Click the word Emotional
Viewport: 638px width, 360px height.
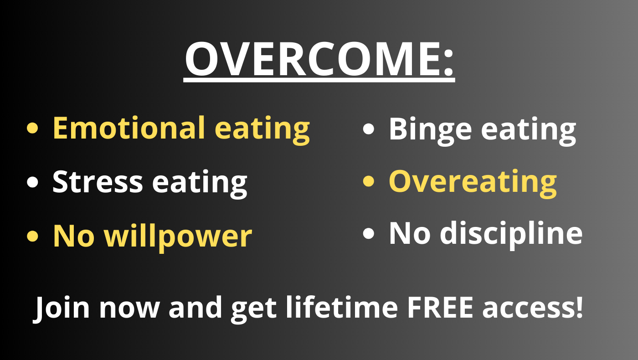(x=129, y=128)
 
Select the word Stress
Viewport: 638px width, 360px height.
(x=98, y=181)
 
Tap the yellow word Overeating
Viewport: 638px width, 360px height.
(x=473, y=183)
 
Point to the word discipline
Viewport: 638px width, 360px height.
(x=511, y=234)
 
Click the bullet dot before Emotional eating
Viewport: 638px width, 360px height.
(x=32, y=128)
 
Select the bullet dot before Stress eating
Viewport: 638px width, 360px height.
(x=32, y=182)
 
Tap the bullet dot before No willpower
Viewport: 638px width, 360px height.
(x=32, y=236)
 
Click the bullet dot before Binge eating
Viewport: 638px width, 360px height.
(x=369, y=129)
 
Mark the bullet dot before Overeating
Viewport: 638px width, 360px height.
(x=369, y=181)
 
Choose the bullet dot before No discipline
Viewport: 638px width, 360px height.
(x=369, y=233)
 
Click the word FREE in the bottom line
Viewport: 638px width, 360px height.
(x=440, y=307)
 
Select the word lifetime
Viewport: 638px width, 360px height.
(x=342, y=307)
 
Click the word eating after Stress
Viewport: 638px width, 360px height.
(x=200, y=184)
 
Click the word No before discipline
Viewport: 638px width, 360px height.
(x=410, y=233)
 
